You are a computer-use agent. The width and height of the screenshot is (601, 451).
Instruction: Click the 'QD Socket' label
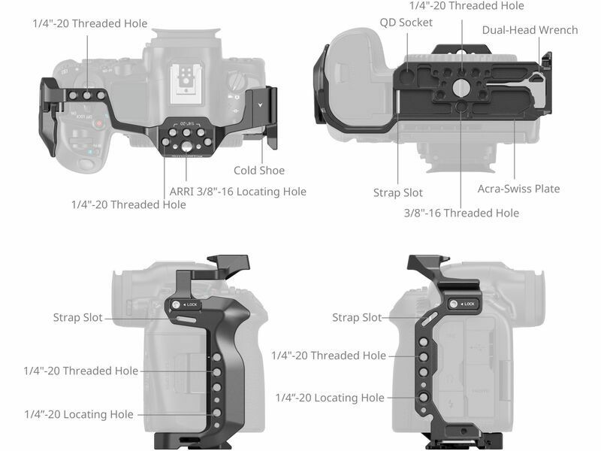coord(406,23)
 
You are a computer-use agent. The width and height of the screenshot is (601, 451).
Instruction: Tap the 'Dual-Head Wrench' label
coord(530,30)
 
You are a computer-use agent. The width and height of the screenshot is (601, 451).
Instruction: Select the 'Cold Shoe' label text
coord(259,171)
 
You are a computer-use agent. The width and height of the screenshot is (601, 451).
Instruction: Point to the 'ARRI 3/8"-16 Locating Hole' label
coord(238,192)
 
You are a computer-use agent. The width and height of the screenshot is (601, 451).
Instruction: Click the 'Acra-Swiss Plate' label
coord(518,189)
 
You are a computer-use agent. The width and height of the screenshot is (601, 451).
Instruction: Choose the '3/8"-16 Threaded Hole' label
coord(461,213)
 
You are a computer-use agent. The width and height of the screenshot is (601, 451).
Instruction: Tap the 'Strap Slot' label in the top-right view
coord(398,192)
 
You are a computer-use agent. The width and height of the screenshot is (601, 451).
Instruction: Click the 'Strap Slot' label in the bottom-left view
coord(78,317)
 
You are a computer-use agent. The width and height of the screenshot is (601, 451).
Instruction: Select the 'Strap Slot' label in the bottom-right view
coord(357,317)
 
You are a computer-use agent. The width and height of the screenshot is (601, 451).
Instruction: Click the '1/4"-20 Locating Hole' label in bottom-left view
coord(79,414)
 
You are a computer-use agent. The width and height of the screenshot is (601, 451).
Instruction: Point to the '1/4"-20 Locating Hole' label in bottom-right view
coord(330,398)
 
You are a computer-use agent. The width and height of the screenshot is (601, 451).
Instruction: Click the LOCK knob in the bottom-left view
coord(176,305)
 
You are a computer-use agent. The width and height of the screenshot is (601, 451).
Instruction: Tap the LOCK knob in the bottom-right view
coord(454,304)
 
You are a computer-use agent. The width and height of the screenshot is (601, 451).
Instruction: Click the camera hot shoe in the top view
coord(186,82)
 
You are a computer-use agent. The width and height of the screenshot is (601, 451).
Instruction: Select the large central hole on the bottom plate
coord(461,88)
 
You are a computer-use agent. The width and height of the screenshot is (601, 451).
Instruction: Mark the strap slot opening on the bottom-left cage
coord(186,319)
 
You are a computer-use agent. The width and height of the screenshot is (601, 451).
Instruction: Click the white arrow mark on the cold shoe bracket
coord(261,104)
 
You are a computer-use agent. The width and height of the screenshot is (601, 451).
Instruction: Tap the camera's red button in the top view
coord(99,123)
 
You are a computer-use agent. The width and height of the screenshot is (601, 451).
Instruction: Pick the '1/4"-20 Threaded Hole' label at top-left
coord(90,23)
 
